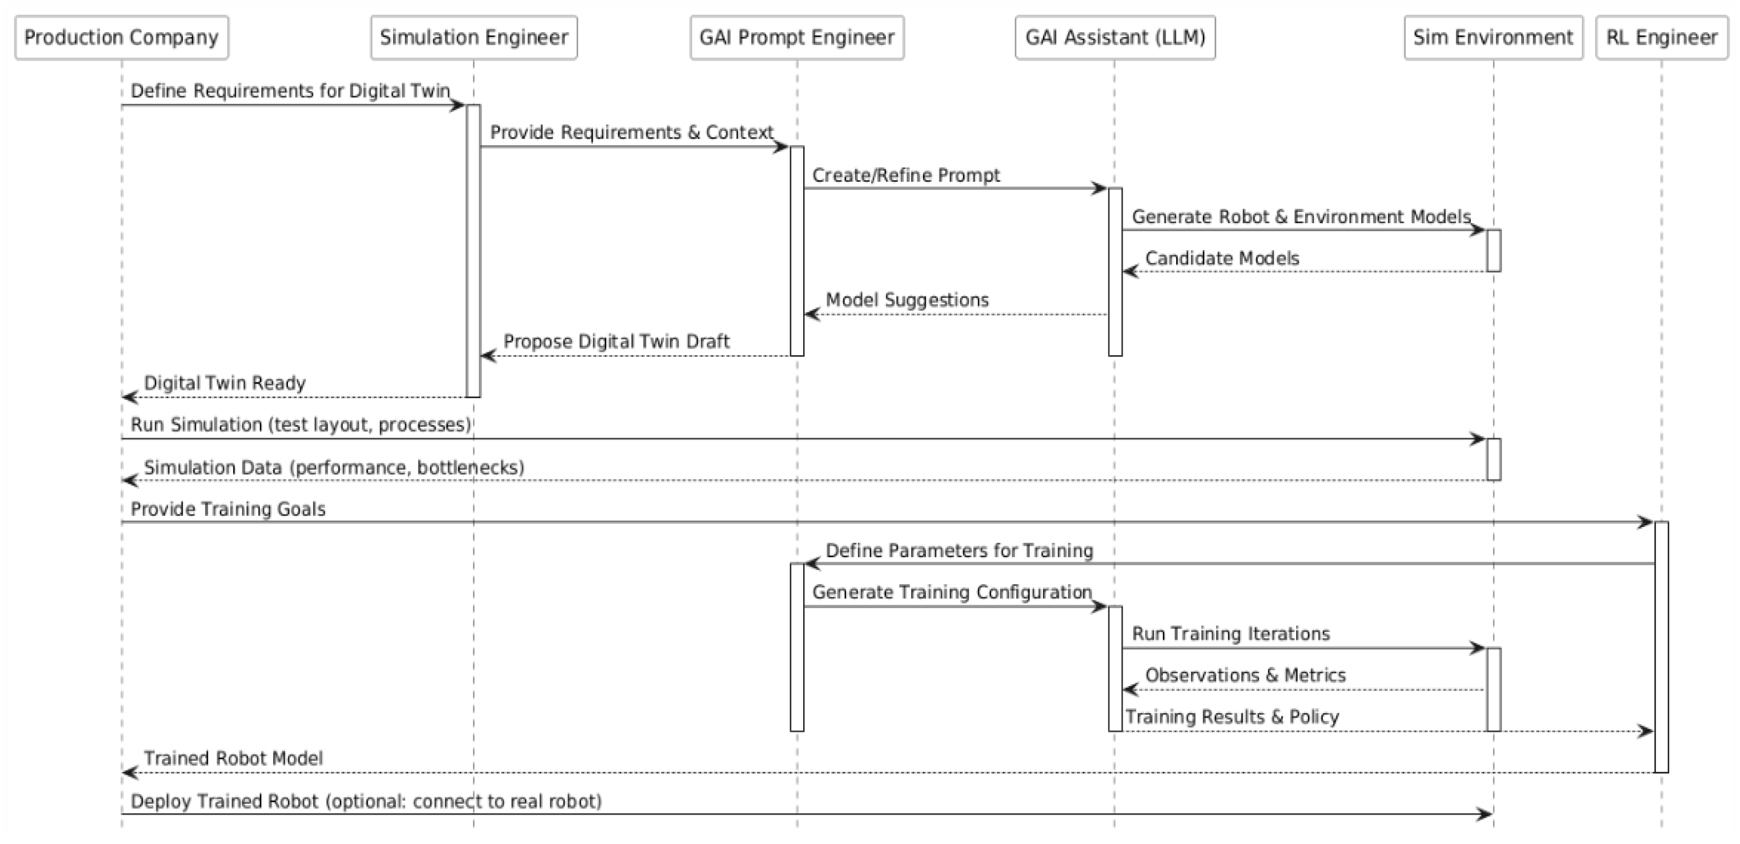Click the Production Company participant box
[x=122, y=38]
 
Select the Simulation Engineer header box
[x=474, y=38]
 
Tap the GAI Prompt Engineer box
[x=796, y=38]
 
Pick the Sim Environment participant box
[x=1493, y=38]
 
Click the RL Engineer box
[x=1661, y=38]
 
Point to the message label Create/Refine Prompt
[x=905, y=176]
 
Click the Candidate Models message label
[x=1222, y=259]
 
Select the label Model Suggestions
[x=906, y=300]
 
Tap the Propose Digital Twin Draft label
[x=616, y=342]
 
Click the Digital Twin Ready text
[x=224, y=383]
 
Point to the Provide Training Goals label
[x=228, y=509]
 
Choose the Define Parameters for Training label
[x=959, y=551]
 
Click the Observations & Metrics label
[x=1245, y=675]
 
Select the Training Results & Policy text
[x=1231, y=717]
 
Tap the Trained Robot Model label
[x=233, y=759]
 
